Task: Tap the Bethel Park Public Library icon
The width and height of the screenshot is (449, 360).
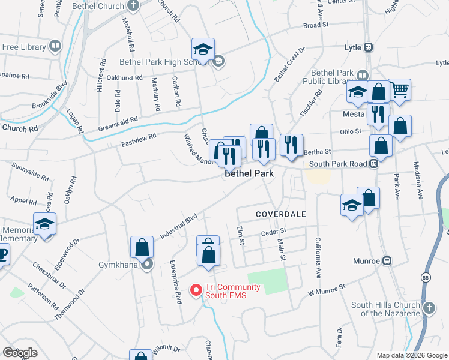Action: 362,76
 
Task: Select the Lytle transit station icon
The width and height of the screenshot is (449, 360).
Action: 369,47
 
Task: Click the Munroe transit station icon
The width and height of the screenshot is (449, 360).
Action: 387,261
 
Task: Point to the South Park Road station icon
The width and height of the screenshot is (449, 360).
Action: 373,163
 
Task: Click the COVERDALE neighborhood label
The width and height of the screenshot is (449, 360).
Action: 281,214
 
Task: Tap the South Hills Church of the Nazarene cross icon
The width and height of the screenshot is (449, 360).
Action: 429,308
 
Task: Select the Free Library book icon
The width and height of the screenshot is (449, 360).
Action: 55,46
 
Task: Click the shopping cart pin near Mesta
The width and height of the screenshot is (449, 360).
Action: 400,90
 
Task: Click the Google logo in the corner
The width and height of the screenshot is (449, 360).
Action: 20,353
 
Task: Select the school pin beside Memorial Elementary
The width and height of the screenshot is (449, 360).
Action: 44,224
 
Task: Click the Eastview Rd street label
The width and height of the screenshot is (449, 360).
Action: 139,140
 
